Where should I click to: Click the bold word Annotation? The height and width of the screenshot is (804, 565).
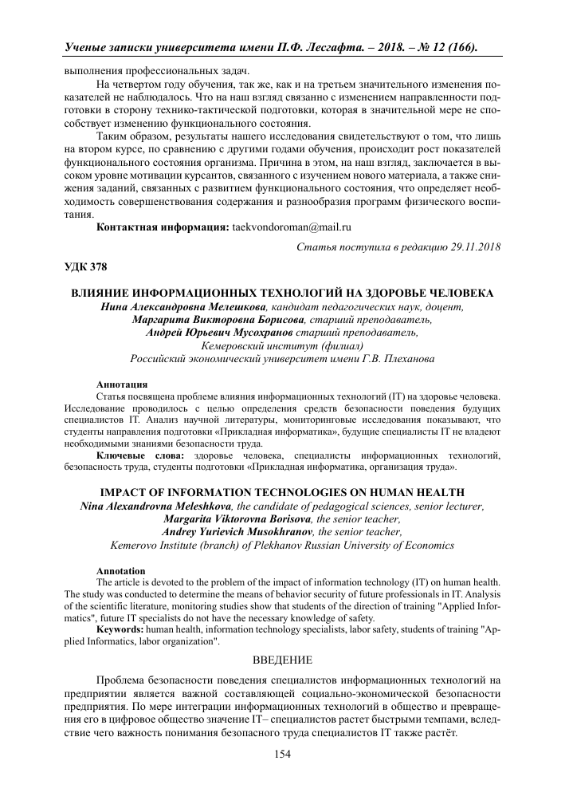pyautogui.click(x=120, y=571)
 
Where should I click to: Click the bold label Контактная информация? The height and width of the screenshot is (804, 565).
pyautogui.click(x=163, y=227)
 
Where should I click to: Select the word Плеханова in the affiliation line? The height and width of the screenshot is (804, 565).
pyautogui.click(x=406, y=360)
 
